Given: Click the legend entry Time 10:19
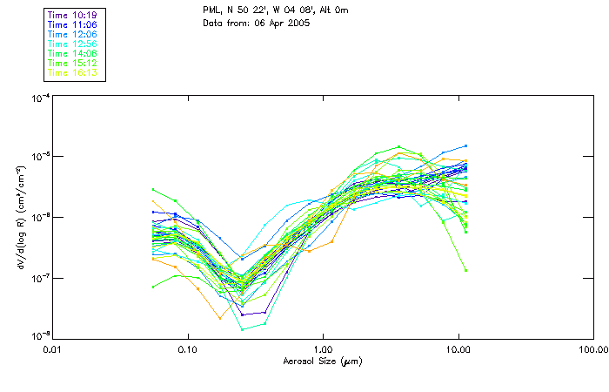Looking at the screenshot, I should click(70, 15).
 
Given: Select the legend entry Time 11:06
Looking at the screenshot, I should click(70, 24).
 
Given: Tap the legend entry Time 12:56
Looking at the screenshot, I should click(70, 44).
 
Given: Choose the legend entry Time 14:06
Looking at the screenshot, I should click(70, 53).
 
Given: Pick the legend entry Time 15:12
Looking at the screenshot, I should click(70, 63).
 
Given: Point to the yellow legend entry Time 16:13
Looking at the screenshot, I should click(70, 72).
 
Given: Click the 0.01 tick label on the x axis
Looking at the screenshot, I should click(53, 350).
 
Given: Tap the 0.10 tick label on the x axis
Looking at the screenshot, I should click(188, 350).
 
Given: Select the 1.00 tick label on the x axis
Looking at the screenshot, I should click(324, 350).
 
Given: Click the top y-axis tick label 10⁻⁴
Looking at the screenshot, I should click(40, 98).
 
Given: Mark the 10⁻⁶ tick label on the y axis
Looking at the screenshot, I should click(40, 217).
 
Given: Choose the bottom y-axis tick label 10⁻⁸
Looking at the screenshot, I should click(40, 336).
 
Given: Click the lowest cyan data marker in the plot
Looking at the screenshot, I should click(242, 328).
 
